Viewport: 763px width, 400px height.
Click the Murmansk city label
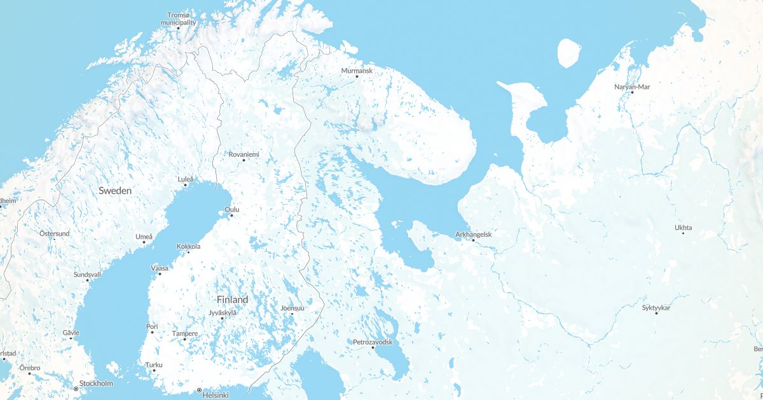pos(357,70)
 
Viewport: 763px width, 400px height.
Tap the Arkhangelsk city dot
pos(473,240)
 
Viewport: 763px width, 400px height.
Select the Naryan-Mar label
pos(632,86)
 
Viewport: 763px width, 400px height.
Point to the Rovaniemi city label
pos(244,154)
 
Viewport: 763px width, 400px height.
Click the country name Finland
pos(232,299)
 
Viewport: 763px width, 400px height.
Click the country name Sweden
pos(115,190)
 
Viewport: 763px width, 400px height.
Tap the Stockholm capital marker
pos(76,388)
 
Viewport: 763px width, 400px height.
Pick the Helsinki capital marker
pos(199,390)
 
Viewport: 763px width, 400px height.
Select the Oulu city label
pos(232,209)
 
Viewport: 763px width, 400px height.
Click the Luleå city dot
pos(185,185)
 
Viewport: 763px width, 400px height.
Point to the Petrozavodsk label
pos(373,342)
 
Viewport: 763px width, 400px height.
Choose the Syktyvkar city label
pos(656,308)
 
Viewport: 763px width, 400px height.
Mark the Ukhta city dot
pos(684,233)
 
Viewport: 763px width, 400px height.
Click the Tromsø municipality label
pos(178,18)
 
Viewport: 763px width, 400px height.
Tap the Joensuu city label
pos(292,308)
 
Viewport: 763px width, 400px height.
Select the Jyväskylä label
pos(222,312)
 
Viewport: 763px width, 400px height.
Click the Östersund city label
pos(55,234)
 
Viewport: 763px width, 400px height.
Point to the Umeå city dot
pos(144,242)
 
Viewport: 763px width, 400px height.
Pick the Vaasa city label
pos(160,268)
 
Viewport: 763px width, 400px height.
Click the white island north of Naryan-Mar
pos(569,53)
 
